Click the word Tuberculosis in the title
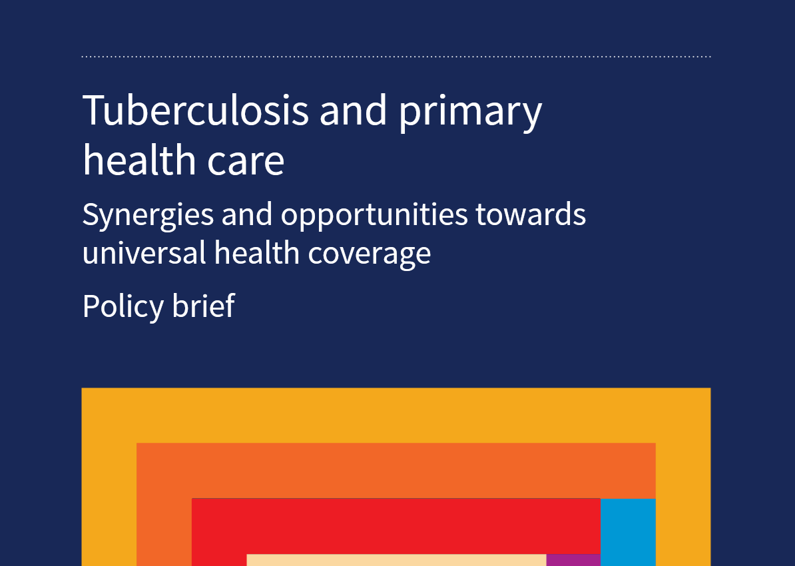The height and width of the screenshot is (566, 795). click(195, 110)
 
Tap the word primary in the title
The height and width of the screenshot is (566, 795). click(470, 114)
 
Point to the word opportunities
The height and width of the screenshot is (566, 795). click(374, 216)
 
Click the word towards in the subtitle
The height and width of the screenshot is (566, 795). click(531, 214)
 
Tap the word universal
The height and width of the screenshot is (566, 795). click(144, 252)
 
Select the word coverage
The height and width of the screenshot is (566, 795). click(369, 254)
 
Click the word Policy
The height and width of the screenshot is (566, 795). click(123, 306)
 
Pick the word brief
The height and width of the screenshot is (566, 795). click(203, 306)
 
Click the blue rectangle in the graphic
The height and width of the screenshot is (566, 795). click(628, 532)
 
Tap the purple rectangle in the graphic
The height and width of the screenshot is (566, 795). click(573, 560)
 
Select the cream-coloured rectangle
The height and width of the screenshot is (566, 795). click(396, 560)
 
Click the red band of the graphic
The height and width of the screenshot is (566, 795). click(396, 526)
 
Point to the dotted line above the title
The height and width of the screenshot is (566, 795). click(396, 57)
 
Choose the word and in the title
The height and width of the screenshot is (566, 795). click(354, 110)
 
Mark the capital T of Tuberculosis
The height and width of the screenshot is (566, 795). click(95, 110)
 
